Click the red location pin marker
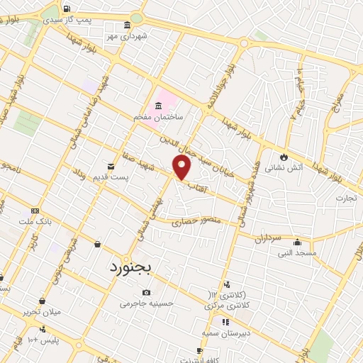tap(183, 169)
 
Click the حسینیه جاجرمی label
tap(146, 303)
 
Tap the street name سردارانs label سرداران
tap(269, 238)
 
